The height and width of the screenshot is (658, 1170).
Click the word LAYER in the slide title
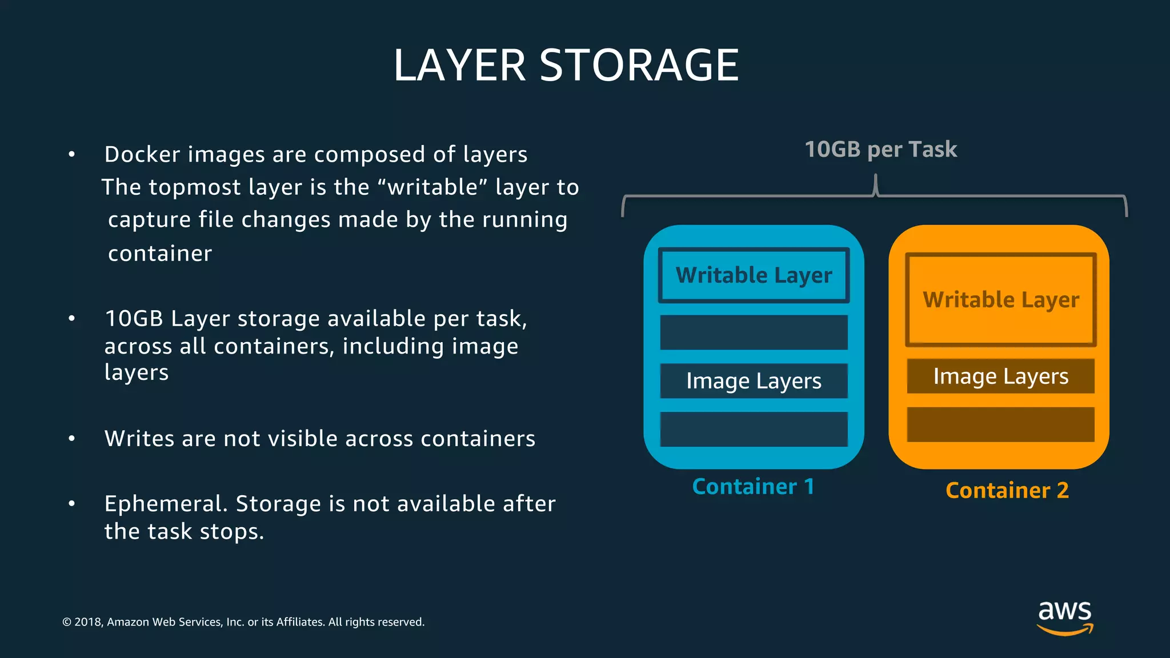(459, 65)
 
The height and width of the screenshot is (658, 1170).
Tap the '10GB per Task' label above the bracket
(880, 150)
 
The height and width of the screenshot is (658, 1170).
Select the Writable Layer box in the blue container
(754, 275)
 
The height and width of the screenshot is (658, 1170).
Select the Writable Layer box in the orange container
(1001, 300)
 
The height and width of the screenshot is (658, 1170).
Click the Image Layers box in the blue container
(754, 380)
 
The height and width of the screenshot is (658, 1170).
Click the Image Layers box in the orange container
(1001, 376)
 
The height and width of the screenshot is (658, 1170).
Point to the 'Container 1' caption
(753, 487)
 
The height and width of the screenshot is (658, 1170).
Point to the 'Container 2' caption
(1007, 491)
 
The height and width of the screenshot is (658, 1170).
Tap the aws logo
(1065, 617)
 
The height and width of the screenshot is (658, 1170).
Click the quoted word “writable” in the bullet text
(432, 187)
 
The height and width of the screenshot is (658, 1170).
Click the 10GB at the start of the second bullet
(134, 319)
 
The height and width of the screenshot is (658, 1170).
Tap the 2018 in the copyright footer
(88, 622)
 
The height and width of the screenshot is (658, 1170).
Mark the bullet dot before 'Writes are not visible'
(71, 439)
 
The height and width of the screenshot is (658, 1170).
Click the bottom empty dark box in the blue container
(754, 429)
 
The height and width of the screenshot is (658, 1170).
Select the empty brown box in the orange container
(1001, 424)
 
